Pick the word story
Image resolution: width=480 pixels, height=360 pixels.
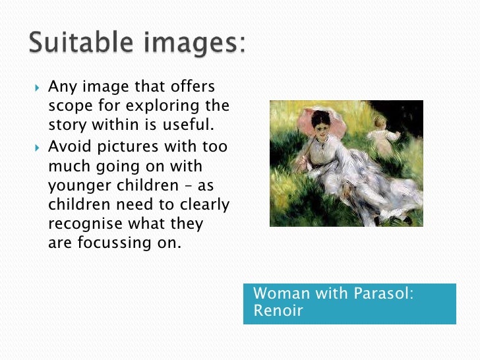point(68,125)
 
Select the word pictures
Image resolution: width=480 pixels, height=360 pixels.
point(135,146)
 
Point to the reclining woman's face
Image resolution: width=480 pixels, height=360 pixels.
point(321,125)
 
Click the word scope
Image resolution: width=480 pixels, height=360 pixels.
point(73,106)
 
